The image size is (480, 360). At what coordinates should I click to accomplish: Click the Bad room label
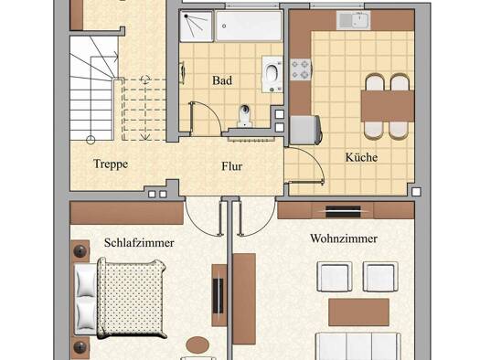coord(222,80)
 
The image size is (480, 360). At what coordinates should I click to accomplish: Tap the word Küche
coord(361,157)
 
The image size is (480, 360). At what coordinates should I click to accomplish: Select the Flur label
coord(232,166)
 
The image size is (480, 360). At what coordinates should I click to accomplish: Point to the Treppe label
coord(111,164)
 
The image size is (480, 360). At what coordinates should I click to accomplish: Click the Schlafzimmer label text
coord(139,243)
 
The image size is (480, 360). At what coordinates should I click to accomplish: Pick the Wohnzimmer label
coord(344,238)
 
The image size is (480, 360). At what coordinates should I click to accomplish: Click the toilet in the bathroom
coord(245,116)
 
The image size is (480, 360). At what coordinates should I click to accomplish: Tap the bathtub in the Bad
coord(249,26)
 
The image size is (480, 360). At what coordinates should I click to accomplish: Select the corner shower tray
coord(197,26)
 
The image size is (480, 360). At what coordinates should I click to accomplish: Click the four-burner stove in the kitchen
coord(301,69)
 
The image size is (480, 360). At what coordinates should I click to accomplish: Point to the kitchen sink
coord(354,20)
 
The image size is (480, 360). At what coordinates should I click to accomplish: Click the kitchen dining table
coord(388,106)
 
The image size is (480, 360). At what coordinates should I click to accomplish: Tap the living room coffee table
coord(358,312)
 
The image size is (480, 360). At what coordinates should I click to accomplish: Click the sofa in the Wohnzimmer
coord(358,346)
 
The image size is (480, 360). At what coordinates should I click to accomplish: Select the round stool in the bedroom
coord(197,345)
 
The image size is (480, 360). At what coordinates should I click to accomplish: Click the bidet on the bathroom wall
coord(272,74)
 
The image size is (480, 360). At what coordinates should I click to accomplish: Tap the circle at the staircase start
coord(91,140)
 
